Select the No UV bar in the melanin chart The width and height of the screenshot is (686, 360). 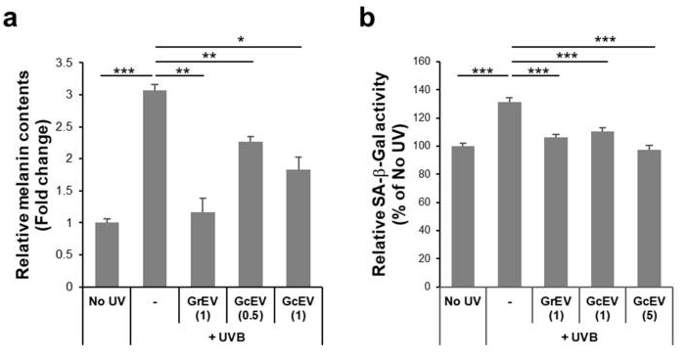105,254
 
